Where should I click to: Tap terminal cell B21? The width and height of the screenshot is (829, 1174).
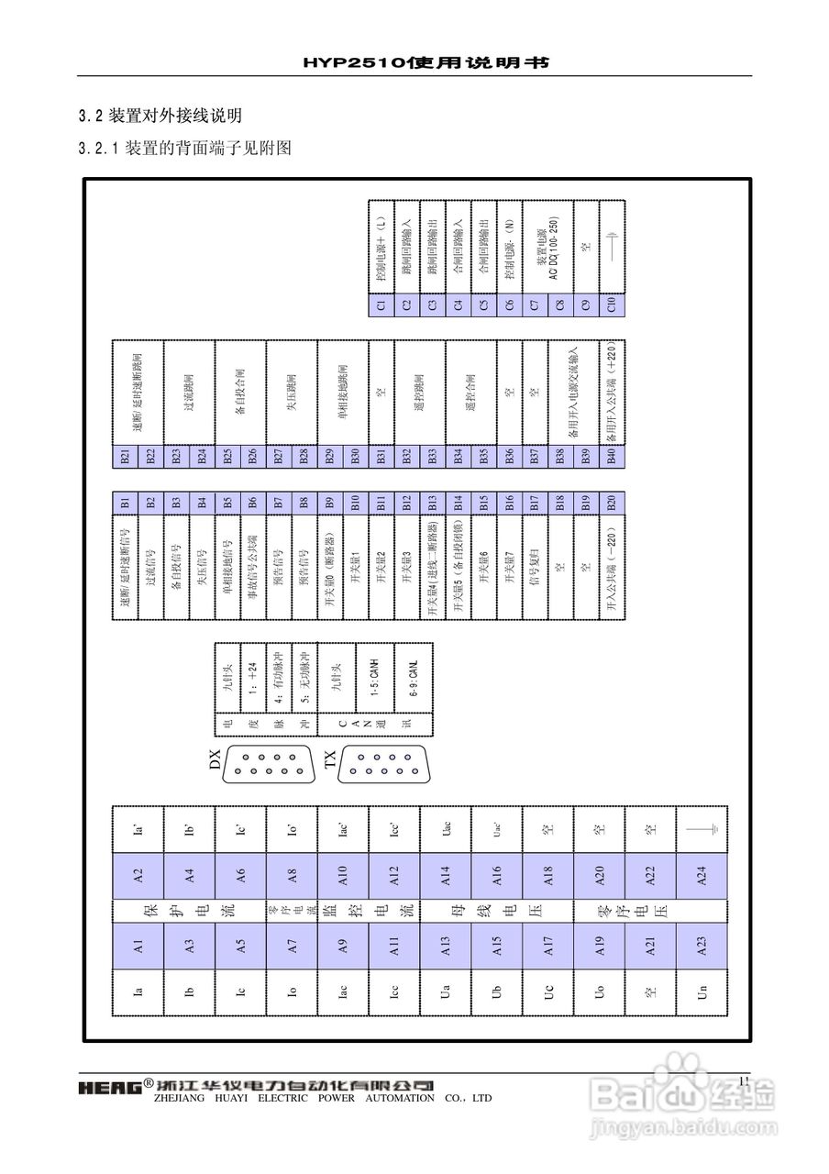click(126, 457)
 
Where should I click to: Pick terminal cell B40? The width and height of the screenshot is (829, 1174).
click(612, 457)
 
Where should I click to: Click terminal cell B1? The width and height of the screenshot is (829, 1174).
click(126, 502)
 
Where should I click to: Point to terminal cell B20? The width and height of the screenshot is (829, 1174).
click(612, 502)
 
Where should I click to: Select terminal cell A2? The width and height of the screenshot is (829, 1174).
click(138, 875)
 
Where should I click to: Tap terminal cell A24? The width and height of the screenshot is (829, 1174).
click(702, 875)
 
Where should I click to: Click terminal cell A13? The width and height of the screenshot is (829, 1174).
click(447, 946)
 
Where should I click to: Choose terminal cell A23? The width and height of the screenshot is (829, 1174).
click(702, 946)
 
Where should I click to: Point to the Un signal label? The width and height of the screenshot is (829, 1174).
click(702, 991)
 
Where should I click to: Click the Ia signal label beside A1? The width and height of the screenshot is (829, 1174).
click(138, 991)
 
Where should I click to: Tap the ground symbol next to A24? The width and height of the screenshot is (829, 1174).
click(702, 829)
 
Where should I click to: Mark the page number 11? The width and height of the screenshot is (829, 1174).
click(744, 1082)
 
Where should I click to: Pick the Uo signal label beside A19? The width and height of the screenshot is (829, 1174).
click(600, 991)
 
